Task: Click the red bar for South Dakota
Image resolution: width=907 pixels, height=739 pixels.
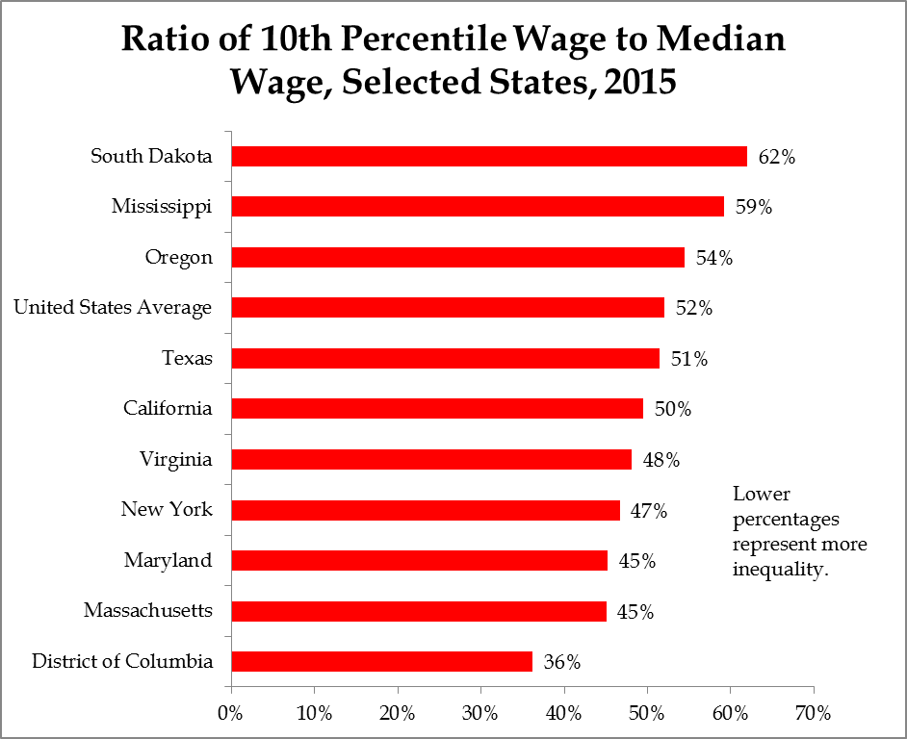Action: coord(489,156)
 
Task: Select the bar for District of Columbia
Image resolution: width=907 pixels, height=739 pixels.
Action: coord(381,661)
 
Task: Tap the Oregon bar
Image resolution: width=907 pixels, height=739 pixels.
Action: coord(457,257)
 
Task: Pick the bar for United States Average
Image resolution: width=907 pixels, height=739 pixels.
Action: coord(448,307)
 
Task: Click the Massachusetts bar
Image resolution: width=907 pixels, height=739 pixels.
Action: coord(419,610)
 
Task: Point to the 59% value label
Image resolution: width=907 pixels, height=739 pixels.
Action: coord(753,207)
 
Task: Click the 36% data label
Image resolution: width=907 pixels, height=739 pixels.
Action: coord(561,662)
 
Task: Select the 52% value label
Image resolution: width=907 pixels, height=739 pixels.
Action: coord(693,308)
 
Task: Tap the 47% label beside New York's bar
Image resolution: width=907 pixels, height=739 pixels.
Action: coord(648,510)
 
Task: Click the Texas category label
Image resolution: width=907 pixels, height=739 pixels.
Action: coord(187,358)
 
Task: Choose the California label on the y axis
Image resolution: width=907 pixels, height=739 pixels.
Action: coord(168,408)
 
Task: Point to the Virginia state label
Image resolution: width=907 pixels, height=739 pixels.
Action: coord(175,459)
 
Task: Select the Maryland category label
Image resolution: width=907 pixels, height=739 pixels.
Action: coord(168,560)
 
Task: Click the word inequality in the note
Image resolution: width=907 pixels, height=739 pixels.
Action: coord(781,570)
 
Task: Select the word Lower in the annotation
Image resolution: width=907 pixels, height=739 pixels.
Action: coord(761,495)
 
